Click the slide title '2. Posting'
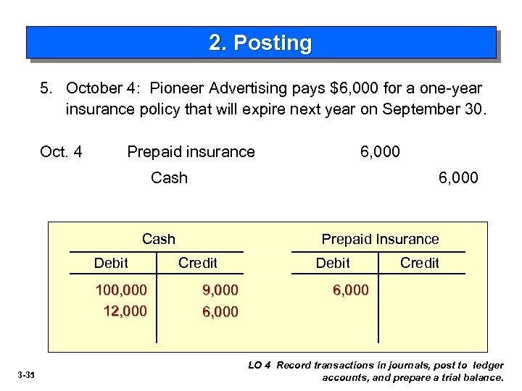point(260,43)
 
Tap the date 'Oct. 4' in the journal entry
point(61,152)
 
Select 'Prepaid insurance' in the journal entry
point(191,152)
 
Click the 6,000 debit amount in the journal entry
point(380,152)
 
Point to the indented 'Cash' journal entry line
point(169,177)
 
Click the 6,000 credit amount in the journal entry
point(458,177)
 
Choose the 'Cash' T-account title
point(158,239)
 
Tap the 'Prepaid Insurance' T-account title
point(380,239)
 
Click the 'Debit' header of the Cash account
point(111,263)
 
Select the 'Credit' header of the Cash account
point(197,263)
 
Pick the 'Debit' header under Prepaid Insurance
point(333,263)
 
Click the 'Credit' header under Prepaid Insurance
point(420,263)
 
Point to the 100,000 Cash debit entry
point(121,290)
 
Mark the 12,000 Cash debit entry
point(125,311)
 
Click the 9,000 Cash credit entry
point(220,290)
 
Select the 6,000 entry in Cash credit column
point(220,312)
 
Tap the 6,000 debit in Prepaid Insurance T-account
point(350,290)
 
